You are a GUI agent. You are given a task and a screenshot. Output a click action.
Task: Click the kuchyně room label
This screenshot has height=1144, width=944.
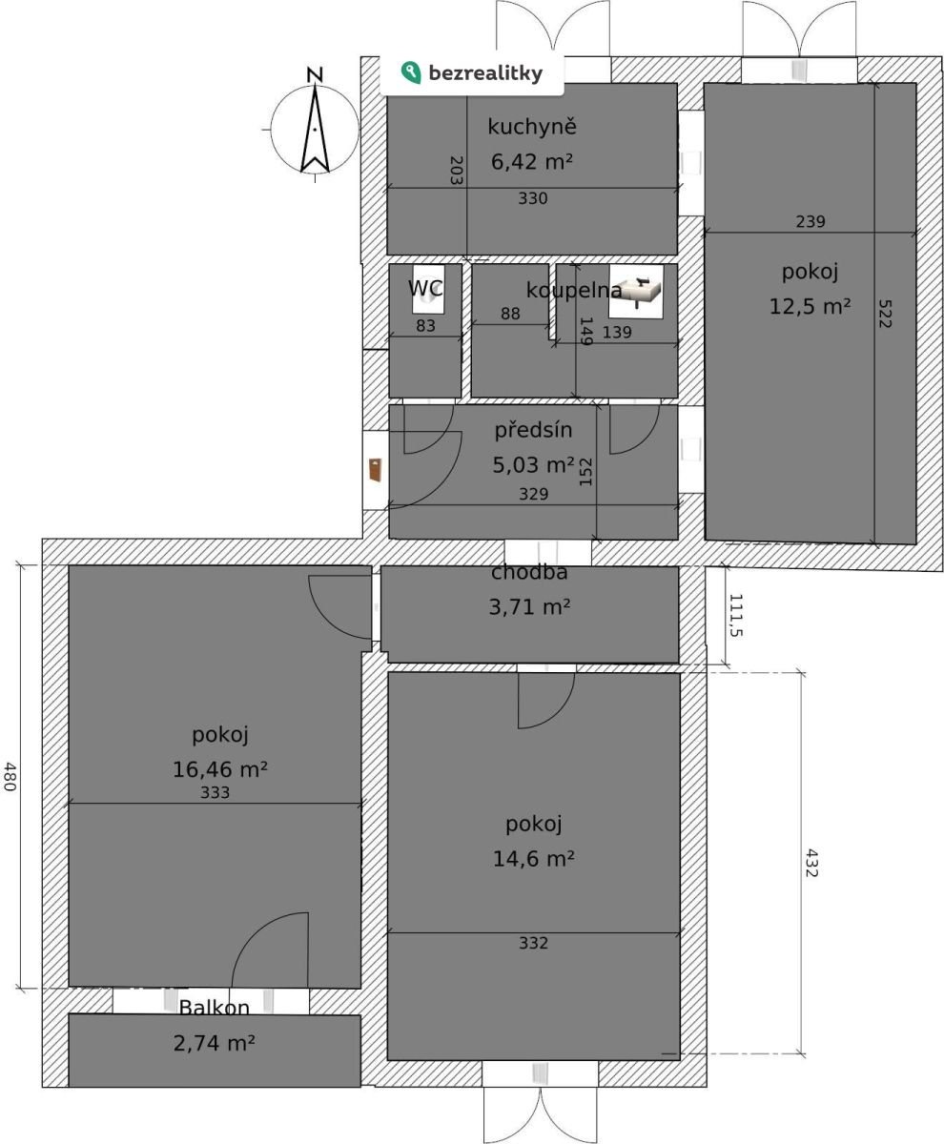point(532,127)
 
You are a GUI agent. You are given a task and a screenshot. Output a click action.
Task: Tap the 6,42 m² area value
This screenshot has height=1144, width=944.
point(532,162)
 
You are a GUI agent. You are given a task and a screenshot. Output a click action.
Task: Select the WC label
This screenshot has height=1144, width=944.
point(425,288)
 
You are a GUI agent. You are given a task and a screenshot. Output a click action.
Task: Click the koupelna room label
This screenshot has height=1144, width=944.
point(574,291)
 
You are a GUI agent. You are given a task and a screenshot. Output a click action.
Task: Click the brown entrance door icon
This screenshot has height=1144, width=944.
point(376,470)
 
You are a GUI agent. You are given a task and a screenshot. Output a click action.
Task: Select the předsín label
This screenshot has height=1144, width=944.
point(533,430)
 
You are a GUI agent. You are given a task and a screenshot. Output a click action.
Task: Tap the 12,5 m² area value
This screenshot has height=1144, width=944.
point(810,306)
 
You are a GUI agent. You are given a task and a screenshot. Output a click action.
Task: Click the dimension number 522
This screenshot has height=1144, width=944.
point(884,314)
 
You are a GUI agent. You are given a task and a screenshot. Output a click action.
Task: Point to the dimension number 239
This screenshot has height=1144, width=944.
point(811,221)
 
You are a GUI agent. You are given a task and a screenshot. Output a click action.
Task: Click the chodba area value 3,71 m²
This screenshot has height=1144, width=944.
point(529,607)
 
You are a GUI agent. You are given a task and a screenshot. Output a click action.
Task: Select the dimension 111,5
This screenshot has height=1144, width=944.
point(735,615)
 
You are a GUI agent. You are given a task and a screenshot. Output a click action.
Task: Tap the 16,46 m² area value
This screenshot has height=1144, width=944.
point(220,769)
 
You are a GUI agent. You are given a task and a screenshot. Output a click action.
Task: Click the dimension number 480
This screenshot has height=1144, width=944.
point(10,776)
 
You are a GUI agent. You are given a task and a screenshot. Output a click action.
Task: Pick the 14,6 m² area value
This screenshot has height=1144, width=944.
point(533,859)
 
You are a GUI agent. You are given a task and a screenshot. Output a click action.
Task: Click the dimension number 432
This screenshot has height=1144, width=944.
point(811,863)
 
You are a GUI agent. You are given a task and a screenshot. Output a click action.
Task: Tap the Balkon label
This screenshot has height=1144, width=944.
point(214,1007)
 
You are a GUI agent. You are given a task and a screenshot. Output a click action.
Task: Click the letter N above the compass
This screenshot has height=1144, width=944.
point(315,74)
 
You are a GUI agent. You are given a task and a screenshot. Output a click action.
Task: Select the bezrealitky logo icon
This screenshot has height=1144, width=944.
point(411,72)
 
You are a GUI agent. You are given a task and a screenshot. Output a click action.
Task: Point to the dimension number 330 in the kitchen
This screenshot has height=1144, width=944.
point(533,198)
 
